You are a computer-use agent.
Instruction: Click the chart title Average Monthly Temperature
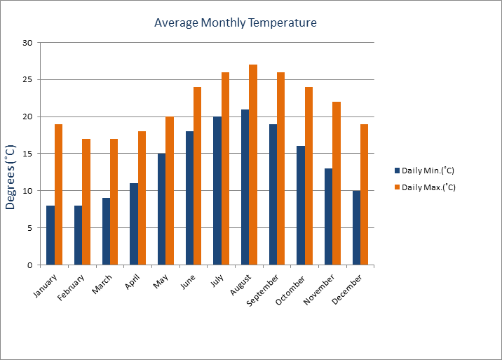coord(236,22)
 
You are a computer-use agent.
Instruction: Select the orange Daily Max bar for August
coord(253,165)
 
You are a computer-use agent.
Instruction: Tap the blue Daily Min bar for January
coord(50,235)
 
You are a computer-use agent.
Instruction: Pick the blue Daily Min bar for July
coord(217,191)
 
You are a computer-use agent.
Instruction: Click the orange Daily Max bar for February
coord(86,202)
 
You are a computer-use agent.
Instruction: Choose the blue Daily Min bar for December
coord(356,227)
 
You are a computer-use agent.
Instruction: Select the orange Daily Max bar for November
coord(337,183)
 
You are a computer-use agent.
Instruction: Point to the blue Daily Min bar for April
coord(134,224)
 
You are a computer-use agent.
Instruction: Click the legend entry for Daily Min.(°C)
coord(428,171)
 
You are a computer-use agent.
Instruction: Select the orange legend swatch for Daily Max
coord(397,187)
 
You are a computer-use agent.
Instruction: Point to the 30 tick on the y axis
coord(27,43)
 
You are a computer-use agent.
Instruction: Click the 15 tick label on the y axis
coord(27,154)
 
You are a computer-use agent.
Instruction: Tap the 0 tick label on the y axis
coord(30,265)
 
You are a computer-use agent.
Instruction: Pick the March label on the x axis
coord(102,284)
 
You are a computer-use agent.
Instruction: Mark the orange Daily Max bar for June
coord(198,176)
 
